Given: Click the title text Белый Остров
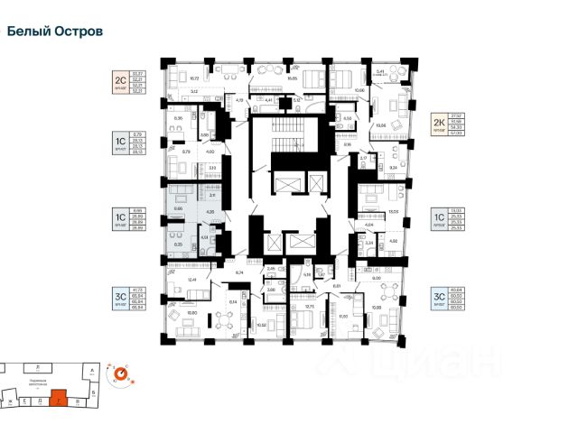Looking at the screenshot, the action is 54,31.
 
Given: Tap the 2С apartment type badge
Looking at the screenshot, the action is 118,78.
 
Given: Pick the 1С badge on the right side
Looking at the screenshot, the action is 439,217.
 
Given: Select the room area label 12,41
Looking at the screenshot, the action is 191,280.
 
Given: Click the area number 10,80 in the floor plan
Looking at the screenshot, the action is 191,313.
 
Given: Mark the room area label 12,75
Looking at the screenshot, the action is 309,308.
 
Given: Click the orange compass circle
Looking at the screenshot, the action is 118,372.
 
